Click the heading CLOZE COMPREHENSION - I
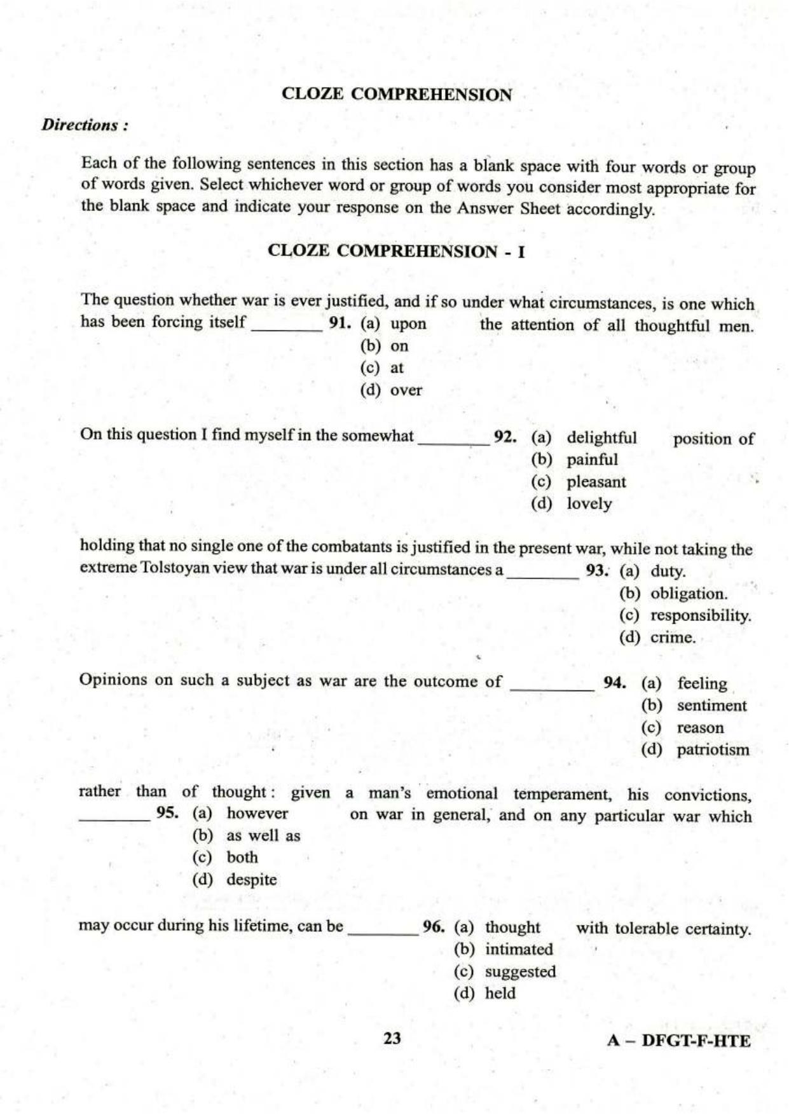[x=396, y=251]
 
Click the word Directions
[x=84, y=125]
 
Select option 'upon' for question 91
[x=408, y=324]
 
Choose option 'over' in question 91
[x=406, y=390]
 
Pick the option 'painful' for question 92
[x=592, y=460]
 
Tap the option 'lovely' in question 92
[x=589, y=504]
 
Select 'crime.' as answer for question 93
[x=673, y=638]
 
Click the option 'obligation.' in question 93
[x=689, y=594]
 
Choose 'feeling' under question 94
[x=702, y=683]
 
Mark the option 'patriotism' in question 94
[x=713, y=750]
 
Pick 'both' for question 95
[x=242, y=858]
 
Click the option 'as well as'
[x=263, y=836]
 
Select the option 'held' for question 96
[x=500, y=994]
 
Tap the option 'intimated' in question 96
[x=519, y=950]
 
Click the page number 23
[x=392, y=1039]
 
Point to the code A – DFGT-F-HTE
[x=678, y=1041]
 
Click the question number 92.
[x=504, y=437]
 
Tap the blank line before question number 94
[x=551, y=688]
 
